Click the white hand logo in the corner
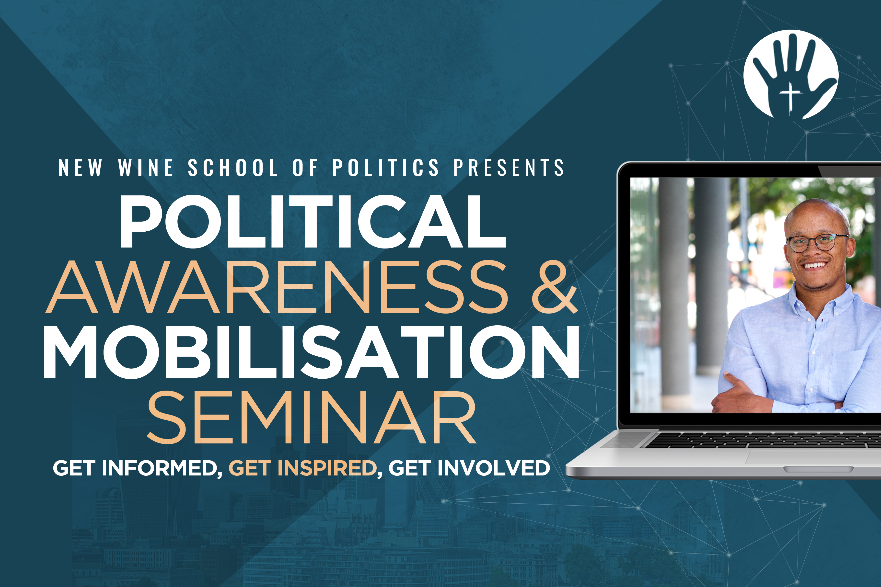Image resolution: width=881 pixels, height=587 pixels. [x=791, y=74]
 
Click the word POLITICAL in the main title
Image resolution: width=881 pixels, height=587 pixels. [x=313, y=221]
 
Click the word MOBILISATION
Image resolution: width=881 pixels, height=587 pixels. [x=312, y=352]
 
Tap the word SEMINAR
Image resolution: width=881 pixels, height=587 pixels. [x=312, y=418]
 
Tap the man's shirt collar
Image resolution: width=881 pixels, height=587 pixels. [x=817, y=299]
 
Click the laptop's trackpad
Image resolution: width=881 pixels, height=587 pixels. [x=813, y=457]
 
